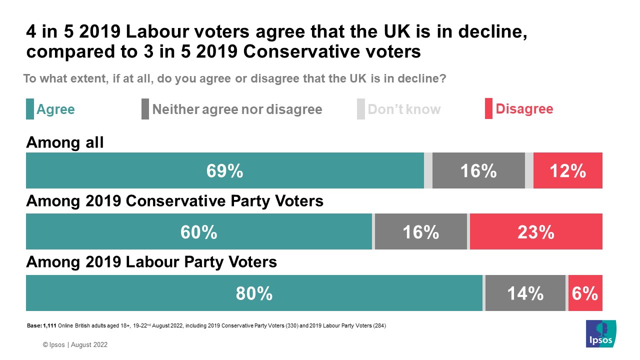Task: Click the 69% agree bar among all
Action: pos(224,171)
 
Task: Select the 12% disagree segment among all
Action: pos(567,171)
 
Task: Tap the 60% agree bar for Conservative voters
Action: pos(199,232)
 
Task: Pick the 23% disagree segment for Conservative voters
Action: pos(535,232)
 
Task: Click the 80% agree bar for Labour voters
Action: pos(254,293)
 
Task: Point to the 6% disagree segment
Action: pos(585,293)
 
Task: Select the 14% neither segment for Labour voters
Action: pos(525,293)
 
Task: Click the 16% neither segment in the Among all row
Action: pos(478,171)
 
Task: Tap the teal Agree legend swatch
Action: pos(30,109)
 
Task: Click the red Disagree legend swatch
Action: pos(488,109)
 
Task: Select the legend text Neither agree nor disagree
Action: pos(237,109)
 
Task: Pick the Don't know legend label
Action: pos(404,109)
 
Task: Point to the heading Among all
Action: pos(65,143)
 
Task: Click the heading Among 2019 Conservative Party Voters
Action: pos(174,201)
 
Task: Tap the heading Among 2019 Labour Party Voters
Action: pos(151,262)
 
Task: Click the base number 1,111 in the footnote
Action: pos(49,326)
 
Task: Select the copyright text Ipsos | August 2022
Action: pos(75,345)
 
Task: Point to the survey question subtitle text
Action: pos(234,79)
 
